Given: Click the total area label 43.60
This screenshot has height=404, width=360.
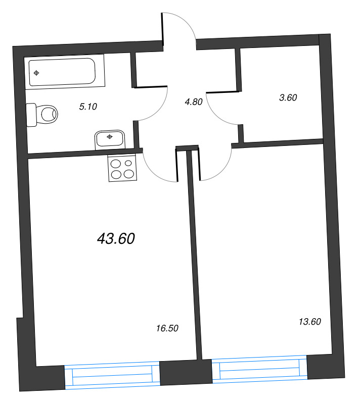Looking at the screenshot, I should (x=116, y=239).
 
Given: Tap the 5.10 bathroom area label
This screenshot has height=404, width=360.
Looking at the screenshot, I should (x=88, y=106).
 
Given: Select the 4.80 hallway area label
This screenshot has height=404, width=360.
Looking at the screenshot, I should (x=193, y=102).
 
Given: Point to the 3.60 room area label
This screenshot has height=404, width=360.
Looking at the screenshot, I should (x=288, y=97).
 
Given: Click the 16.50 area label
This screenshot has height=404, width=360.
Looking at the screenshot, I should (x=167, y=328).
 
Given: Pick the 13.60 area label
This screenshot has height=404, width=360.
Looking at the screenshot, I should (x=310, y=321).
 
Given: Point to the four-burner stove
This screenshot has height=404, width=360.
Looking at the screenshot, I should (x=122, y=168).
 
